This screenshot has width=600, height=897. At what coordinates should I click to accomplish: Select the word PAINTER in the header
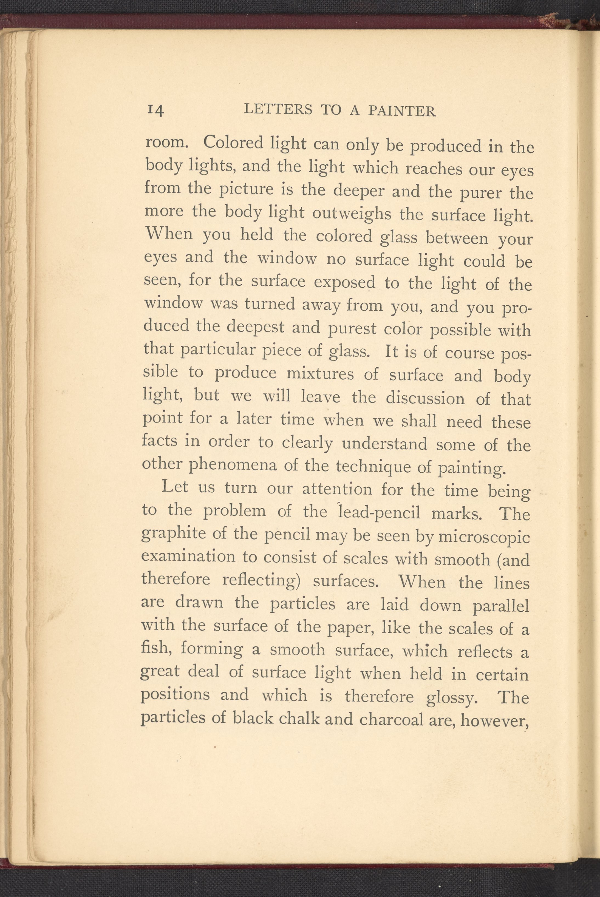pyautogui.click(x=401, y=111)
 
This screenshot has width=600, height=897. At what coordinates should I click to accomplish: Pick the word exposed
pyautogui.click(x=344, y=282)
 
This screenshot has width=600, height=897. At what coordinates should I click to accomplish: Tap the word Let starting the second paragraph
pyautogui.click(x=174, y=487)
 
